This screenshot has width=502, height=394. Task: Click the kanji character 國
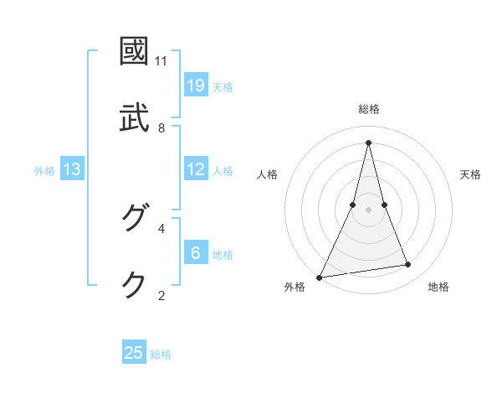click(x=135, y=51)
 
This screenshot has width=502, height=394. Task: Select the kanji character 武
click(x=135, y=118)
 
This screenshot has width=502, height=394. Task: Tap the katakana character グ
click(x=135, y=218)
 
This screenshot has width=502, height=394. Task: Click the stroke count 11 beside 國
click(x=161, y=61)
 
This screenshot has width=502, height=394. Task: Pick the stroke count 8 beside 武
click(x=161, y=128)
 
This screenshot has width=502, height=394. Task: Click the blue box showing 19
click(x=196, y=86)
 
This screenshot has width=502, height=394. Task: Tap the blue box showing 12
click(x=196, y=169)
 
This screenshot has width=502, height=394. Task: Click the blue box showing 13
click(x=72, y=169)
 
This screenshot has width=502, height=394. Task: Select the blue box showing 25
click(x=134, y=353)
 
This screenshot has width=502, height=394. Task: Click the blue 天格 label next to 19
click(x=223, y=86)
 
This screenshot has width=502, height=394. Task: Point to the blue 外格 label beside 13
click(x=44, y=170)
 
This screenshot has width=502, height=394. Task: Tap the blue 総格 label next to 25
click(x=161, y=355)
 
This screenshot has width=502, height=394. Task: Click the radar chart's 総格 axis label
click(x=369, y=109)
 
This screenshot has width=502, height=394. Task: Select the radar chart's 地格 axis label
click(x=438, y=287)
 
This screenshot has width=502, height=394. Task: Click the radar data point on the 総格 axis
click(x=368, y=143)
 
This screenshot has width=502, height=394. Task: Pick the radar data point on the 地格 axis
click(x=407, y=265)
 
